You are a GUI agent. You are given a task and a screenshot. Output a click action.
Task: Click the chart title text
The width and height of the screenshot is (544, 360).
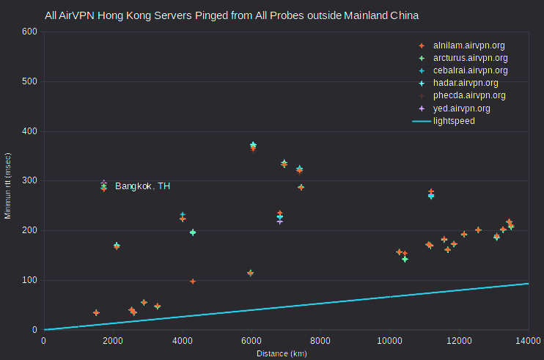coord(232,15)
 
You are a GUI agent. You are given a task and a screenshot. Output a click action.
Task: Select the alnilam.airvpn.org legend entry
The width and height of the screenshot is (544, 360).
coord(462,45)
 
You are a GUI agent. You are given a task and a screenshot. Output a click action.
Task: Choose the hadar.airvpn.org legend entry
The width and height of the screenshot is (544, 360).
coord(458,83)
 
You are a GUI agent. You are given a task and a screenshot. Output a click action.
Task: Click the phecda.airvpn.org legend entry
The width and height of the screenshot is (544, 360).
coord(462,95)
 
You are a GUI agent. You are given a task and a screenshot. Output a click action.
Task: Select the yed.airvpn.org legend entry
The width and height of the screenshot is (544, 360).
coord(454,109)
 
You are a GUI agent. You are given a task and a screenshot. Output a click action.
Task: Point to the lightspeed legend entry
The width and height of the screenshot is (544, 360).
coord(444,121)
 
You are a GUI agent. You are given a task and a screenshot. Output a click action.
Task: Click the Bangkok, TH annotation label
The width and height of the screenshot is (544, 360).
coord(142,186)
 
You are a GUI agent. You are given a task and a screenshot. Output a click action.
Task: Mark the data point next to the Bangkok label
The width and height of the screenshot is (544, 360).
coord(103,186)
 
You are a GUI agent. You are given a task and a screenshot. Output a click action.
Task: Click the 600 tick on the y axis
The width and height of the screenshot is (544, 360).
coord(29,32)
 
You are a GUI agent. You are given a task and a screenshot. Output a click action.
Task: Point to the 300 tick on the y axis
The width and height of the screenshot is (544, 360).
coord(29,180)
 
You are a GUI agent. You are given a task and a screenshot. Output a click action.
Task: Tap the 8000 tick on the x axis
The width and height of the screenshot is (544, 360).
coord(320,341)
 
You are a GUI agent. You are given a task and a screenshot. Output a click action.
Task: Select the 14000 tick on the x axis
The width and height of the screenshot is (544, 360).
coord(528,341)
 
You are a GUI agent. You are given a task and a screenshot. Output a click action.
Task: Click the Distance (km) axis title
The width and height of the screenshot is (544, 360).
coord(282,353)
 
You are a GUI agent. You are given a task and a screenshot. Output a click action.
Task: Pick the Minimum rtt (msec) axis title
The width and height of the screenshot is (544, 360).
coord(7,186)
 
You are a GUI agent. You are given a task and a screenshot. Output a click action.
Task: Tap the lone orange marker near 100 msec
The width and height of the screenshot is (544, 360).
coord(193,282)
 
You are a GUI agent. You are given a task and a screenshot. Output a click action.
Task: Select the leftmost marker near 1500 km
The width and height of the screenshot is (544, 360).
coord(97,312)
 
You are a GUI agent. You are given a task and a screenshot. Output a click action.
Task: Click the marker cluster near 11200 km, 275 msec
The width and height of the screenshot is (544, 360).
coord(431,194)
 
